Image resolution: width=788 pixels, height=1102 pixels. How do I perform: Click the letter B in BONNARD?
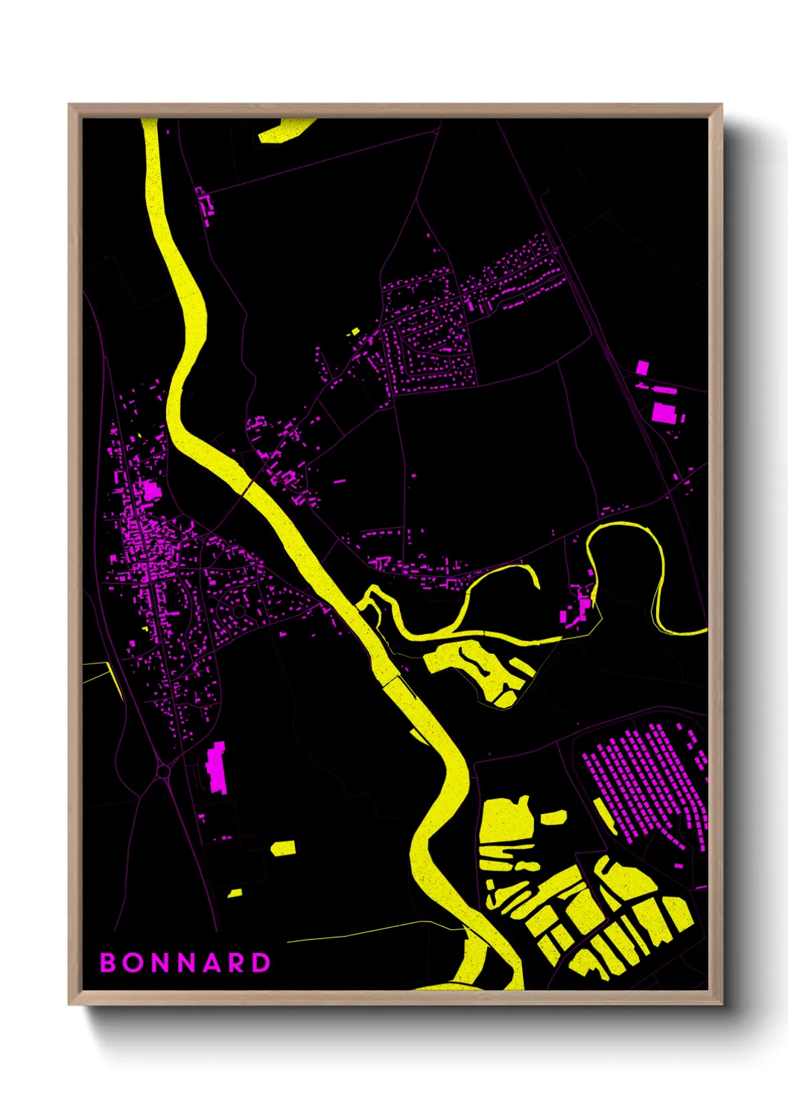pos(108,963)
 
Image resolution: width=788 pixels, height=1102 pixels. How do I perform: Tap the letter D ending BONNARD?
pos(261,963)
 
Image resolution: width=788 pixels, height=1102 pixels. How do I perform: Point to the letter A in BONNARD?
pos(210,963)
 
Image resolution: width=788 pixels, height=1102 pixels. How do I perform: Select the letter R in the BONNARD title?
pos(235,963)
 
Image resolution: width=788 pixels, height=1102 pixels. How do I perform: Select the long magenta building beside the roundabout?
pos(216,766)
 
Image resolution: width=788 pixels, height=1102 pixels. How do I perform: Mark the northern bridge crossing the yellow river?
pos(247,487)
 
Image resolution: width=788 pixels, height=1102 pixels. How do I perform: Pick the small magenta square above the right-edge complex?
pos(642,367)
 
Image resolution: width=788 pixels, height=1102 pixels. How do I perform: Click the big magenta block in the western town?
pos(151,491)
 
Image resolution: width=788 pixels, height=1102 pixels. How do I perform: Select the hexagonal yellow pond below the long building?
pos(283,848)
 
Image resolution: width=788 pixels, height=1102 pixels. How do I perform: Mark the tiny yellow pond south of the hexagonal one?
pos(235,893)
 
